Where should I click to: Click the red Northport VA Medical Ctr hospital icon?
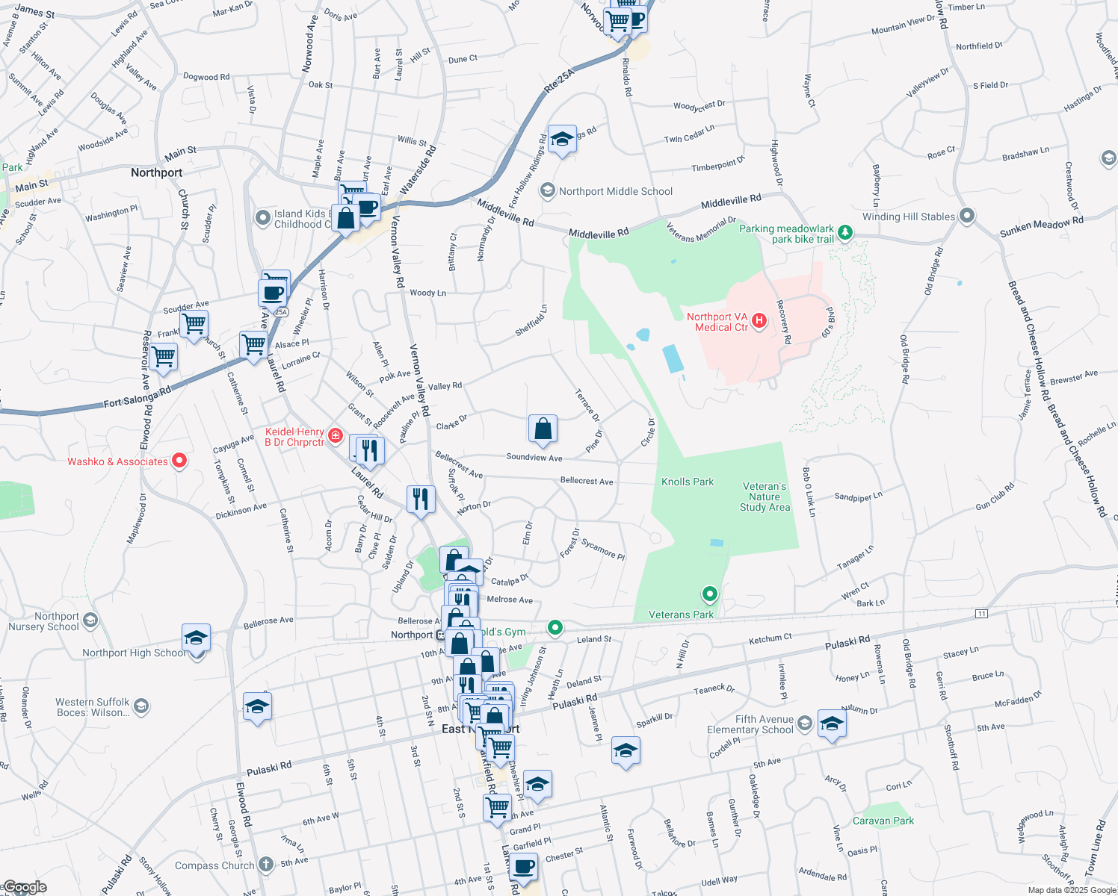pos(759,321)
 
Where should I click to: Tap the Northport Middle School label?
pos(616,192)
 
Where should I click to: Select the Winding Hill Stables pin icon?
pos(967,217)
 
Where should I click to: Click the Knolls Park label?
pos(688,482)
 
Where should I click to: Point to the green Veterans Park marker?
pos(710,594)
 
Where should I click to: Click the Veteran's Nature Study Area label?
pos(765,497)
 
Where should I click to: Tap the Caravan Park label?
pos(883,821)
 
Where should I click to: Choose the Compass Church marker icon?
pos(266,865)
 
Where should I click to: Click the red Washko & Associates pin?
pos(179,461)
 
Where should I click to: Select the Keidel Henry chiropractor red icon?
pos(336,435)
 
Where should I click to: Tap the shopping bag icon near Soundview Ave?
pos(543,429)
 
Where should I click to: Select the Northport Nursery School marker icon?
pos(90,620)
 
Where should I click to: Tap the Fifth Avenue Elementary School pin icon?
pos(805,723)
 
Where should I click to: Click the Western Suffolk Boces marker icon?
pos(141,706)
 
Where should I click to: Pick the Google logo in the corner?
pos(24,887)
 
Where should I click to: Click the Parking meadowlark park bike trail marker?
pos(845,233)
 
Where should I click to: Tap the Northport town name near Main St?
pos(156,173)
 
